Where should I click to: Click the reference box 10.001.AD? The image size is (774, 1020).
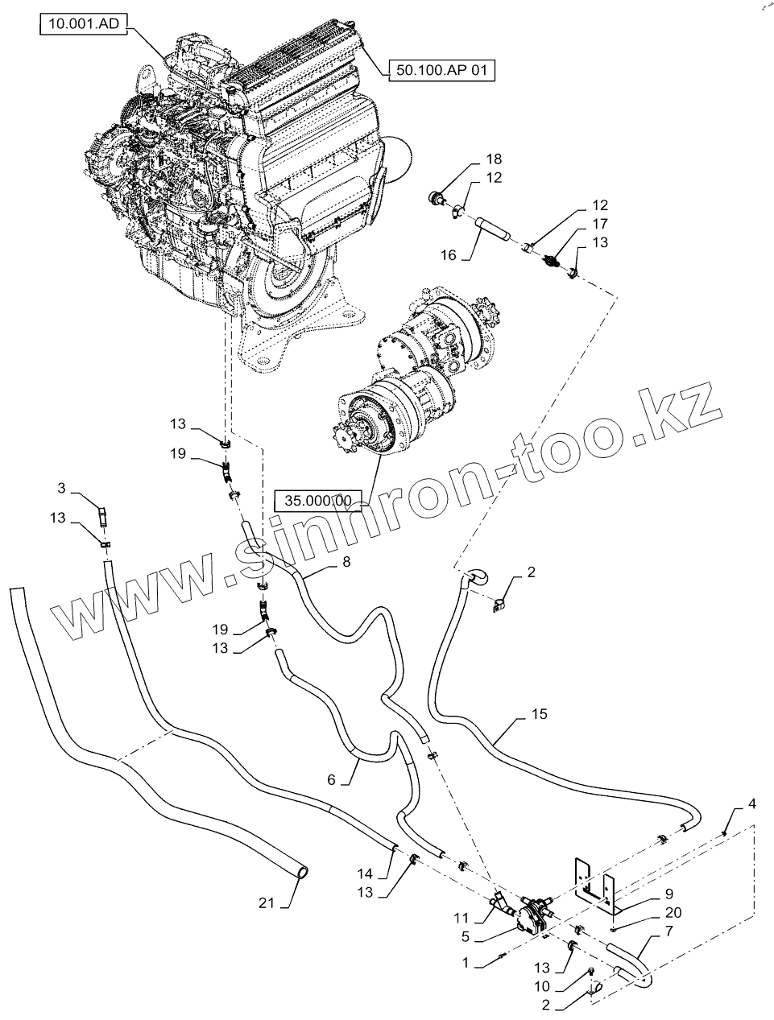tap(83, 26)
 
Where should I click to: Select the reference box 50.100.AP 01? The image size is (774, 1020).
tap(442, 70)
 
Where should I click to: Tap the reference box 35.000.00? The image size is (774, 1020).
tap(319, 500)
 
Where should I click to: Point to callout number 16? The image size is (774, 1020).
tap(448, 254)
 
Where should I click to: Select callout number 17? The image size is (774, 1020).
tap(601, 224)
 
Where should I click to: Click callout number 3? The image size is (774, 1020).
tap(61, 488)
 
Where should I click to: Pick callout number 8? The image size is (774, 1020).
tap(346, 562)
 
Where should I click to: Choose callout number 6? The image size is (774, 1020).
tap(331, 779)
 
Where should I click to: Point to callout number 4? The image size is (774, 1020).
tap(751, 803)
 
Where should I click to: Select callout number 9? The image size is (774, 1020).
tap(668, 894)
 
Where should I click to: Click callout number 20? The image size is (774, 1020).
tap(674, 913)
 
